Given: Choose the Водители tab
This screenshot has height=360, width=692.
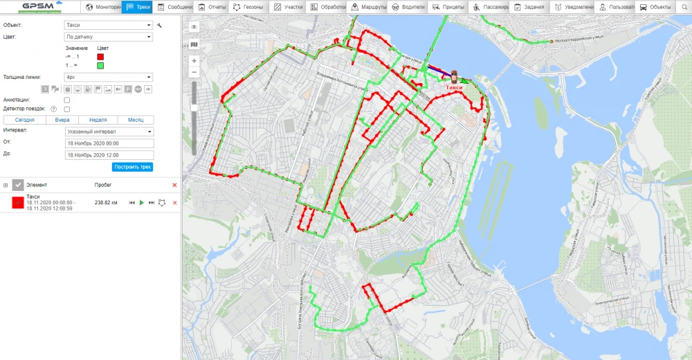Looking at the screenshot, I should point(408,7).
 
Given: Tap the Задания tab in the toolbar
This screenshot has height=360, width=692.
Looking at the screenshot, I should point(529,7).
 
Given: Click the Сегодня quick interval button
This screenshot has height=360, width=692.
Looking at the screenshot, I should point(24,120).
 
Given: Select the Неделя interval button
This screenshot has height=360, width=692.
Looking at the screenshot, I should point(98,120).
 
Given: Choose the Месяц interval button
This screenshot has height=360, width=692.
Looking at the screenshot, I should point(136,120).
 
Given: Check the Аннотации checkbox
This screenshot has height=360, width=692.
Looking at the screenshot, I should point(67,100).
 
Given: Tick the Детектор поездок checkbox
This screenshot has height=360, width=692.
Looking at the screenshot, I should point(67,109).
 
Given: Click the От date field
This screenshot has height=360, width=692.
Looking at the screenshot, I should point(109,143).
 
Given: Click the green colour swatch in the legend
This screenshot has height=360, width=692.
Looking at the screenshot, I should point(100,66).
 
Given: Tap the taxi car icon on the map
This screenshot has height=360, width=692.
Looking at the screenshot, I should point(455,76).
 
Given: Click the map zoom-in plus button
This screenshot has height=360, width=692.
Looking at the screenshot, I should point(194,61).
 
